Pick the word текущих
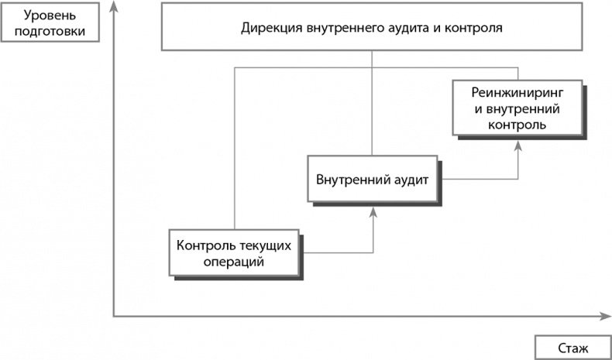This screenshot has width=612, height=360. tap(267, 246)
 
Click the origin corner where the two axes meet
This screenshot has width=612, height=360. tap(115, 316)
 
